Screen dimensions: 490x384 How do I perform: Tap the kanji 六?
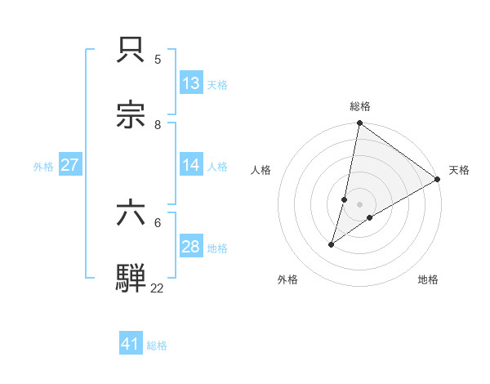point(132,214)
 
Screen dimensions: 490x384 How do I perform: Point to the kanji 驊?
point(132,278)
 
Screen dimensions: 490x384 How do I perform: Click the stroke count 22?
point(157,288)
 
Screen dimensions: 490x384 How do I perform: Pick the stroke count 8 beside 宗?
point(158,125)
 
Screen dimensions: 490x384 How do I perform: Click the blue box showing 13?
point(191,83)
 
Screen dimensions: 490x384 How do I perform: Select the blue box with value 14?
point(191,165)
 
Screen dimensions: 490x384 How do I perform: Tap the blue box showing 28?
point(191,247)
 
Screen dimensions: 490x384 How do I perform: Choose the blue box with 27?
point(69,165)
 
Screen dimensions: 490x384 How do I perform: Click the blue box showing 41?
point(131,344)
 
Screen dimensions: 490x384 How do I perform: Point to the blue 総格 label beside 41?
point(157,346)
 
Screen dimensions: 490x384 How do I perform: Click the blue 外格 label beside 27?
point(43,167)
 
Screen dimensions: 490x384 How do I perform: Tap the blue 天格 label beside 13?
point(217,85)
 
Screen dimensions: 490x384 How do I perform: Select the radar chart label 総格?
point(360,106)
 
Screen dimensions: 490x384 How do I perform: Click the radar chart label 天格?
point(459,170)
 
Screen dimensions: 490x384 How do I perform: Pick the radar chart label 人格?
point(261,170)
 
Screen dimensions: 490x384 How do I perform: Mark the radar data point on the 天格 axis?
point(438,180)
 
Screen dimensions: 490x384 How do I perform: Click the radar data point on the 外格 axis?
point(332,244)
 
